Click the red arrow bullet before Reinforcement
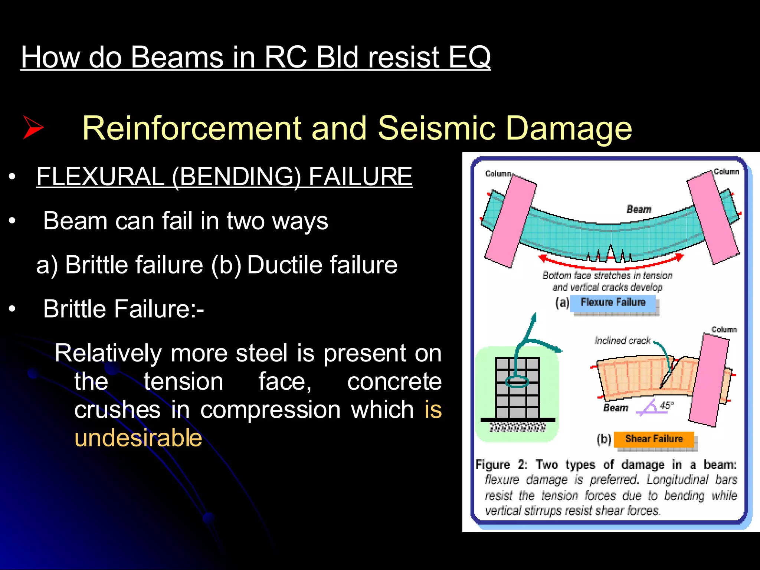[x=33, y=127]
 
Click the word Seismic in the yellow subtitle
[x=436, y=128]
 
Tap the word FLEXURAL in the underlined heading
[x=100, y=176]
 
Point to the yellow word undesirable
[x=138, y=438]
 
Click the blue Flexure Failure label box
[x=613, y=302]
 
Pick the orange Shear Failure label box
[x=653, y=439]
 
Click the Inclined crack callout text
[x=622, y=341]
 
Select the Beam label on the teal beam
[x=639, y=209]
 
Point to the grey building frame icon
[x=517, y=388]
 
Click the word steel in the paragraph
[x=261, y=353]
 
